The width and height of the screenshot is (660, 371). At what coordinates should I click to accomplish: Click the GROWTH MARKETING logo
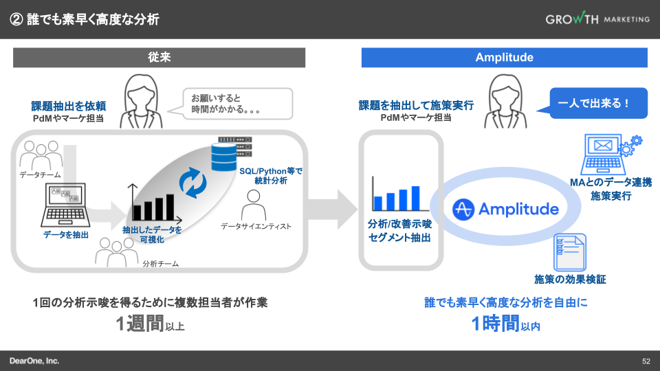tap(597, 19)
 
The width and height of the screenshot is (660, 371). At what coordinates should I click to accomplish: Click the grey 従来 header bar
tap(159, 57)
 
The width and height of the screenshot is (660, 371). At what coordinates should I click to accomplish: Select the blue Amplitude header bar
tap(504, 57)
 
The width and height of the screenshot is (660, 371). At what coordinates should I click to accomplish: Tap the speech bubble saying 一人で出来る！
tap(593, 104)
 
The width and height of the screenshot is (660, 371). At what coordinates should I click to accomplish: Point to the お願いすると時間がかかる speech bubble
tap(234, 104)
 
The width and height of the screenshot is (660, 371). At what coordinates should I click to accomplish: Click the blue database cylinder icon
tap(224, 157)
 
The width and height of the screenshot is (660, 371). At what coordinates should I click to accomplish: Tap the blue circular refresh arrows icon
tap(192, 183)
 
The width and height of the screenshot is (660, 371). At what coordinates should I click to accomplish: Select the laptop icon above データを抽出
tap(65, 205)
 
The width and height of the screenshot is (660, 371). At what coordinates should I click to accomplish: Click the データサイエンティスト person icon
tap(254, 205)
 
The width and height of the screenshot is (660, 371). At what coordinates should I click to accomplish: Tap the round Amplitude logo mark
tap(463, 209)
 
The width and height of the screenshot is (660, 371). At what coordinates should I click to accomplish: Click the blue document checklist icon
tap(570, 252)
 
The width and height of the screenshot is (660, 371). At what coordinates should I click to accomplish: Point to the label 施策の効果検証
tap(570, 280)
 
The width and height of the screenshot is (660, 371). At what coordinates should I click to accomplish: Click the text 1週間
tap(140, 324)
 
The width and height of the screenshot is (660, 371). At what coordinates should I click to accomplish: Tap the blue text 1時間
tap(496, 324)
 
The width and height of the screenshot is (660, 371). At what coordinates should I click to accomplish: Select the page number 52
tap(646, 361)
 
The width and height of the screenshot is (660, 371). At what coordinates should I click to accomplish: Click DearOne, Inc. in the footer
tap(34, 361)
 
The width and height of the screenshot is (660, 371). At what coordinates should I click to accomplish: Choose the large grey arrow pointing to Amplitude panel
tap(333, 209)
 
